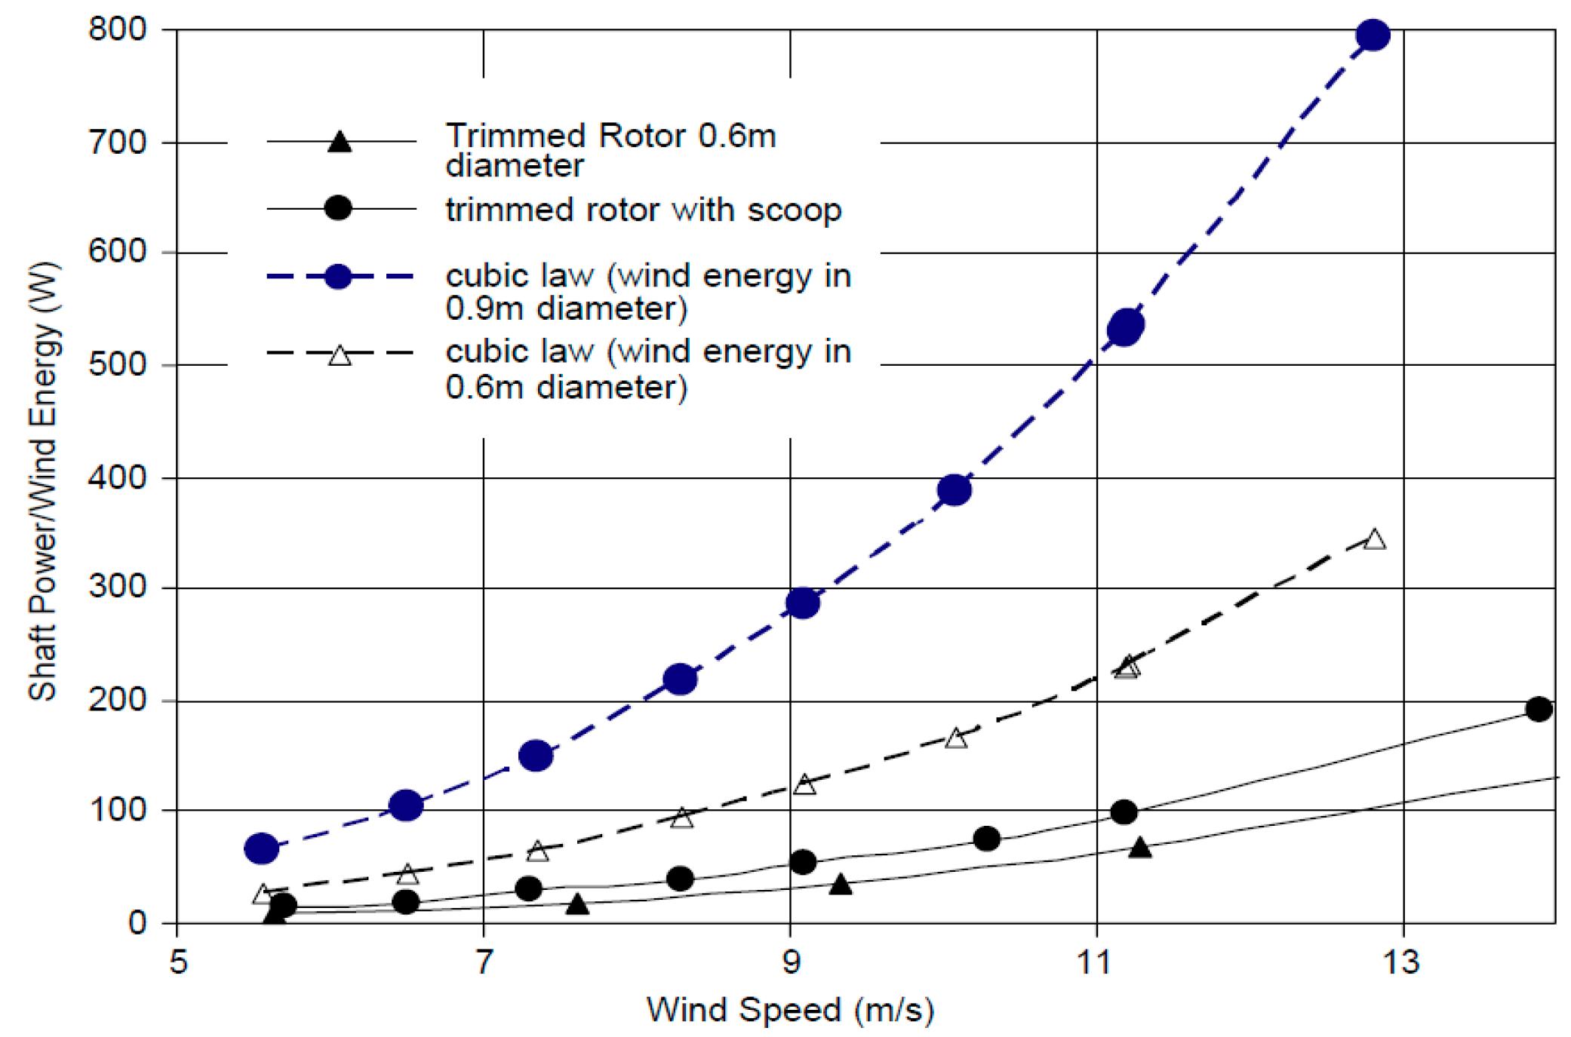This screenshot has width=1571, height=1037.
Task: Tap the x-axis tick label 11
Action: tap(1095, 962)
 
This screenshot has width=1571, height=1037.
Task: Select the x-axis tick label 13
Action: tap(1401, 962)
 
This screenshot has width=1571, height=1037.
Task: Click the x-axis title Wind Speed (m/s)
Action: tap(790, 1009)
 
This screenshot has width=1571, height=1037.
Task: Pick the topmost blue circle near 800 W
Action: tap(1373, 35)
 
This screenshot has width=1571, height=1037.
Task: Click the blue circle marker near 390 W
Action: tap(954, 490)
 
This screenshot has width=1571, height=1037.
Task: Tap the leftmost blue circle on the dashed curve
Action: tap(261, 848)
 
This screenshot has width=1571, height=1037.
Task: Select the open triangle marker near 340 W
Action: tap(1374, 539)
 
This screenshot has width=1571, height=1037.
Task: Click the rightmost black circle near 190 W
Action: tap(1539, 708)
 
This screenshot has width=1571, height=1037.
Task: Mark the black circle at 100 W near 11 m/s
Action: tap(1124, 811)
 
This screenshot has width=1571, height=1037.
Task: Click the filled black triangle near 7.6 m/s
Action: tap(577, 904)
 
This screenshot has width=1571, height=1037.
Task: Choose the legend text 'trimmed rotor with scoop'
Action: tap(643, 210)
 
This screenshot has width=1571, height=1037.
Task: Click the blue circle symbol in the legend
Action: tap(338, 276)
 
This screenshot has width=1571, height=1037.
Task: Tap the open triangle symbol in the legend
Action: tap(340, 355)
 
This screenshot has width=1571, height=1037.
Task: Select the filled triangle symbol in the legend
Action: tap(340, 142)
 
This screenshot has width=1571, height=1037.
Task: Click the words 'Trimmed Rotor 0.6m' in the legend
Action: tap(610, 136)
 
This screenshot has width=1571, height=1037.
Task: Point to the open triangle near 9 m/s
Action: tap(804, 784)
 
